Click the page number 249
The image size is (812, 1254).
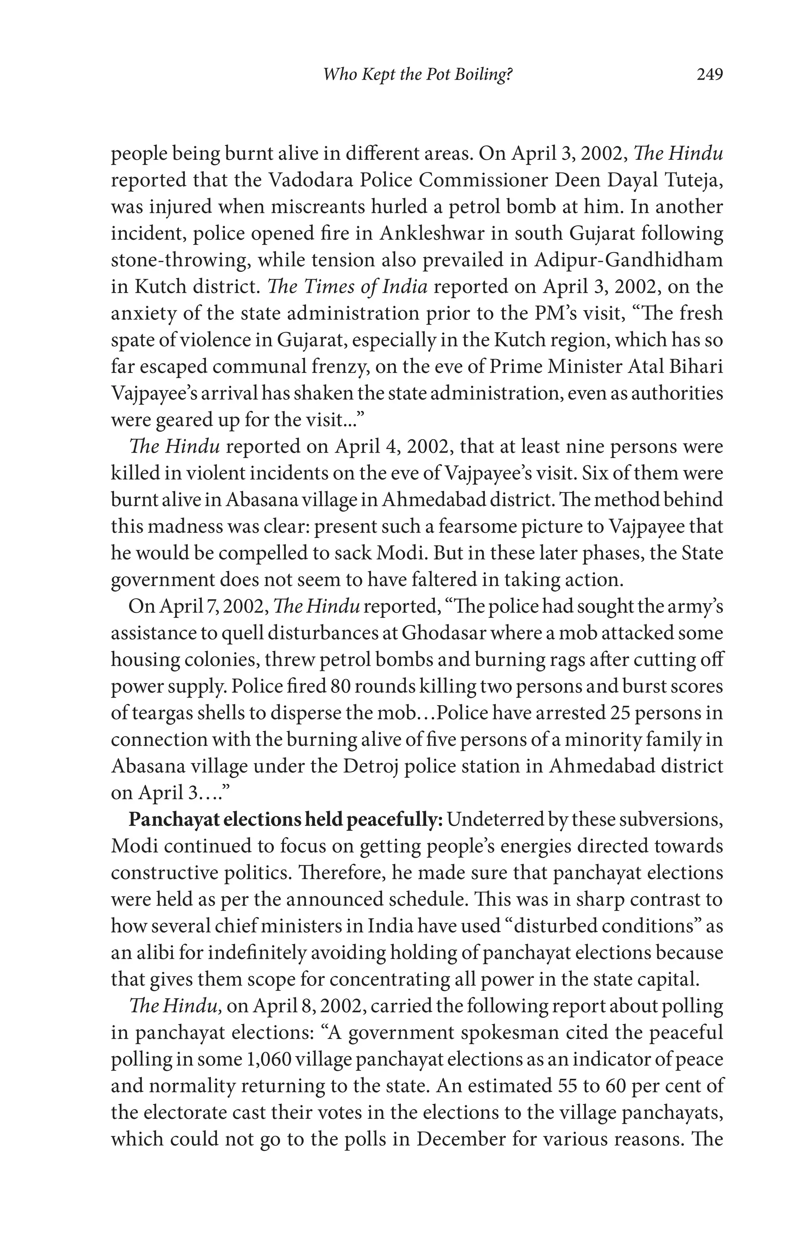tap(709, 75)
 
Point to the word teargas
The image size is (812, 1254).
tap(159, 713)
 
